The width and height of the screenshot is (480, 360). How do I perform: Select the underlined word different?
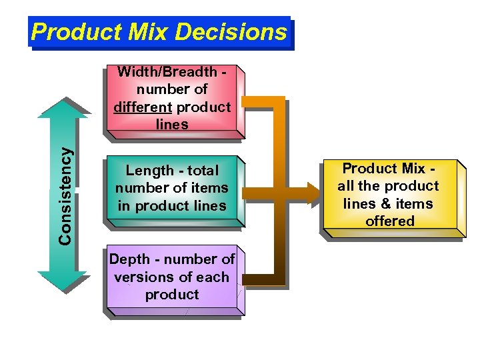tap(142, 107)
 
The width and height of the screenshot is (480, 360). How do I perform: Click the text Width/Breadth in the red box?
tap(167, 72)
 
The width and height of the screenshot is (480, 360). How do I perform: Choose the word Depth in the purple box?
tap(128, 259)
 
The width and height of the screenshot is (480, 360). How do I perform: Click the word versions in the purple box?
tap(142, 277)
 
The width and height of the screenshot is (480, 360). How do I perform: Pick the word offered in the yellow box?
tap(390, 221)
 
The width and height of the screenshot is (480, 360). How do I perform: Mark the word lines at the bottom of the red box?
tap(172, 125)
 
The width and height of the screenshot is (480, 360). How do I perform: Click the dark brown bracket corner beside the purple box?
tap(277, 278)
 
